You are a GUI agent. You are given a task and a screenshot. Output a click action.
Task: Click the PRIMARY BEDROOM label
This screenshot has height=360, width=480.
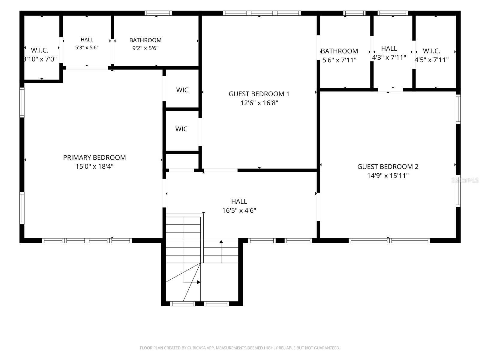coord(94,157)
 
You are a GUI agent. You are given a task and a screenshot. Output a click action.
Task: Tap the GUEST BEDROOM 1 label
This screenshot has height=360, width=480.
coord(259,94)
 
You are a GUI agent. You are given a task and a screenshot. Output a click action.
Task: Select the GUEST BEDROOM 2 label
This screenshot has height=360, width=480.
coord(388,166)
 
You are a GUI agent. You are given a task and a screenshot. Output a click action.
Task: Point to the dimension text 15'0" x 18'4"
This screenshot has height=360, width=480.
coord(94,166)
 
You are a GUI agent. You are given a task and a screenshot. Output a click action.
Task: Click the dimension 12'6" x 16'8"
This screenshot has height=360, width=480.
coord(259,103)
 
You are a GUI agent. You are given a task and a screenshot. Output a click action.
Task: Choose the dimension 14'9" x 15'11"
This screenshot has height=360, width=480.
coord(388,175)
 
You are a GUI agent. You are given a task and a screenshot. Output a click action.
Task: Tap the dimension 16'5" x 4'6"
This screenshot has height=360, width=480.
coord(239,210)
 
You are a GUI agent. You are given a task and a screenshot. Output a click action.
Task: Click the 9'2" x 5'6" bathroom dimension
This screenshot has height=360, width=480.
coord(145,48)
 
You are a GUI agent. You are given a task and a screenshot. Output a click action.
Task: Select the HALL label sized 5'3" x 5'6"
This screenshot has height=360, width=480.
coord(87,40)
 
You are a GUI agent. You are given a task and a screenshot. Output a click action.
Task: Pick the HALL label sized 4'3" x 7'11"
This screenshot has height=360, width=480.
coord(389,48)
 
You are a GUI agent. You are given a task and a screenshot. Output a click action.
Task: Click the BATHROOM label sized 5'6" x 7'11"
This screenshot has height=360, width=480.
coord(339,51)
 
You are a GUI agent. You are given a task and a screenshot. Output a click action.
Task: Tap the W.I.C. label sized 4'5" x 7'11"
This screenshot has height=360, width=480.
coord(431,51)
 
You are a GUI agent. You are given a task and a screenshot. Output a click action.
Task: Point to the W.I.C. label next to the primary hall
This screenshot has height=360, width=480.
coord(40,50)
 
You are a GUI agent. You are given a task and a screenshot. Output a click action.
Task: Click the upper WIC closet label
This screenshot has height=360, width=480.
coord(182,90)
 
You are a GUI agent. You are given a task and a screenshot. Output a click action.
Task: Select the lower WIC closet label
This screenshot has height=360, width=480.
coord(181,129)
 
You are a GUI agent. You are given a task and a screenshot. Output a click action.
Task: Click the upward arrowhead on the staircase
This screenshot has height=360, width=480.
coord(221,241)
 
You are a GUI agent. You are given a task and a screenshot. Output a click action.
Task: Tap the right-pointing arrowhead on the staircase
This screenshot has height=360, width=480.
coord(199,282)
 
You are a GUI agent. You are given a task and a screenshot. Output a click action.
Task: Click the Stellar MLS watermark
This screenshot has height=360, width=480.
coord(465,180)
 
